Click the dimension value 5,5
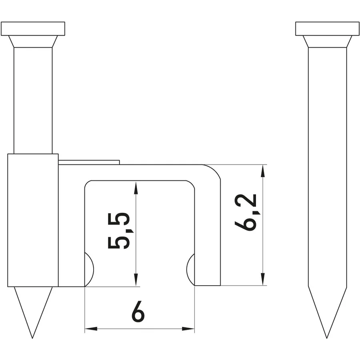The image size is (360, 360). point(119,231)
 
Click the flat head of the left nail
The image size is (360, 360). point(33,29)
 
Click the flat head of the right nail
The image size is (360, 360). point(327,29)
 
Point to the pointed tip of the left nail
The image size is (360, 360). point(32,338)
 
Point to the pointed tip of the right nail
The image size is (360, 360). point(326,338)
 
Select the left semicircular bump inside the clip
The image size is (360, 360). point(90,270)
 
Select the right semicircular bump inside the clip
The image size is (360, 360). point(190,270)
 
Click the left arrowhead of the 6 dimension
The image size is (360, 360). point(91,329)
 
